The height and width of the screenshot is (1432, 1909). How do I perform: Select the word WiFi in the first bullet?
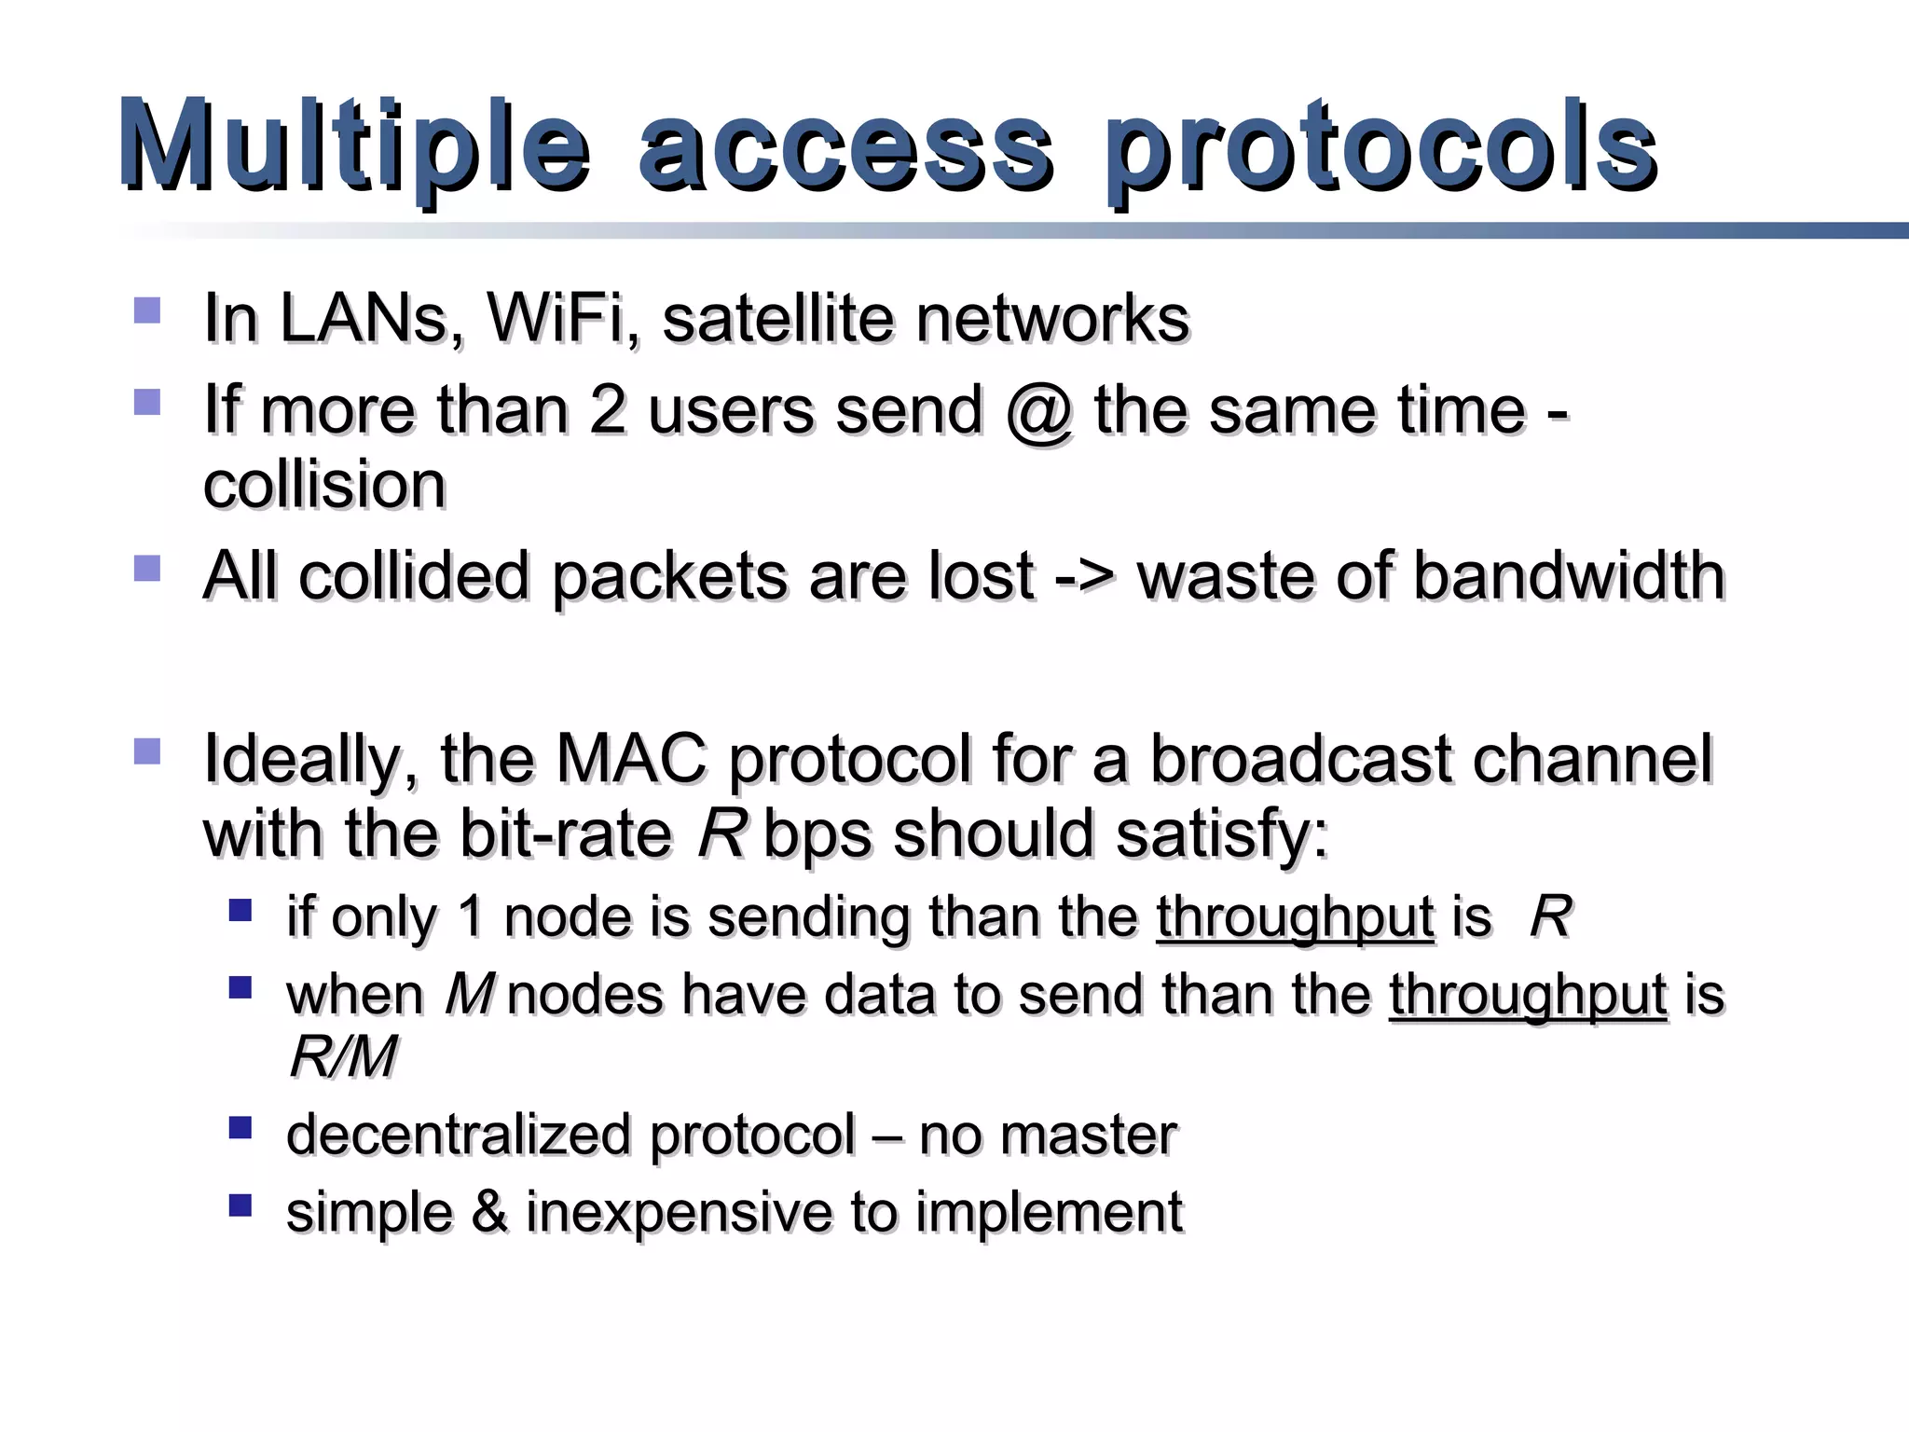coord(562,319)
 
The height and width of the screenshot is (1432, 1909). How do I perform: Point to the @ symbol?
coord(1038,412)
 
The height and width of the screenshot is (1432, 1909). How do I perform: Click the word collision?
coord(324,485)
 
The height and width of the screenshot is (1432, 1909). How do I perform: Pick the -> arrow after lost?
coord(1085,576)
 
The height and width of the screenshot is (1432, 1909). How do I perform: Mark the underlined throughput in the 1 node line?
coord(1295,917)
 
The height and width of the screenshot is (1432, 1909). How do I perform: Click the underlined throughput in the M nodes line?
coord(1528,995)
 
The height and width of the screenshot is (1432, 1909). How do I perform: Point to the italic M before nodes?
coord(469,995)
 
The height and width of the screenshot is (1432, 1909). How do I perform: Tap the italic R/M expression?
coord(343,1057)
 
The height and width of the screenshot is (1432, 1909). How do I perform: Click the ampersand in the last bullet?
coord(489,1213)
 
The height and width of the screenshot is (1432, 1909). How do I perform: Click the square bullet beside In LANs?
coord(147,310)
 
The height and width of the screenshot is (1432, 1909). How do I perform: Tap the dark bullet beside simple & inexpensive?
coord(240,1205)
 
